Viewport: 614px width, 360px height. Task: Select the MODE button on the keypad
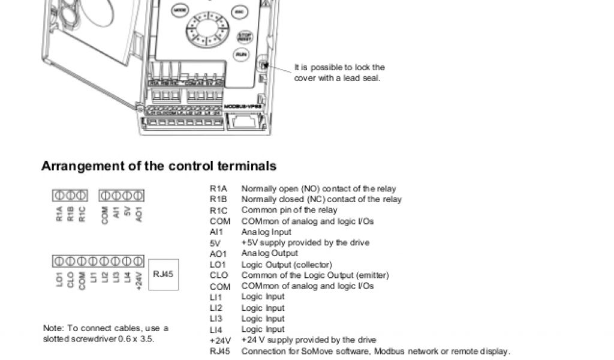179,10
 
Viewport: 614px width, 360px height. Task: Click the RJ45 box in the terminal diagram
162,274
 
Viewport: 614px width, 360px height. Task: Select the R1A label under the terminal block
59,214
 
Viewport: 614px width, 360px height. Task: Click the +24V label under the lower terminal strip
139,280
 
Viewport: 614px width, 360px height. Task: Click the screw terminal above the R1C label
82,196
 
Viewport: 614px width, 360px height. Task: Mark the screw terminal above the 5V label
127,196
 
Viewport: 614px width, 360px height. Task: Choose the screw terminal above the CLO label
71,261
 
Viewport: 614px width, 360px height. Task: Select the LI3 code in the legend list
216,319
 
